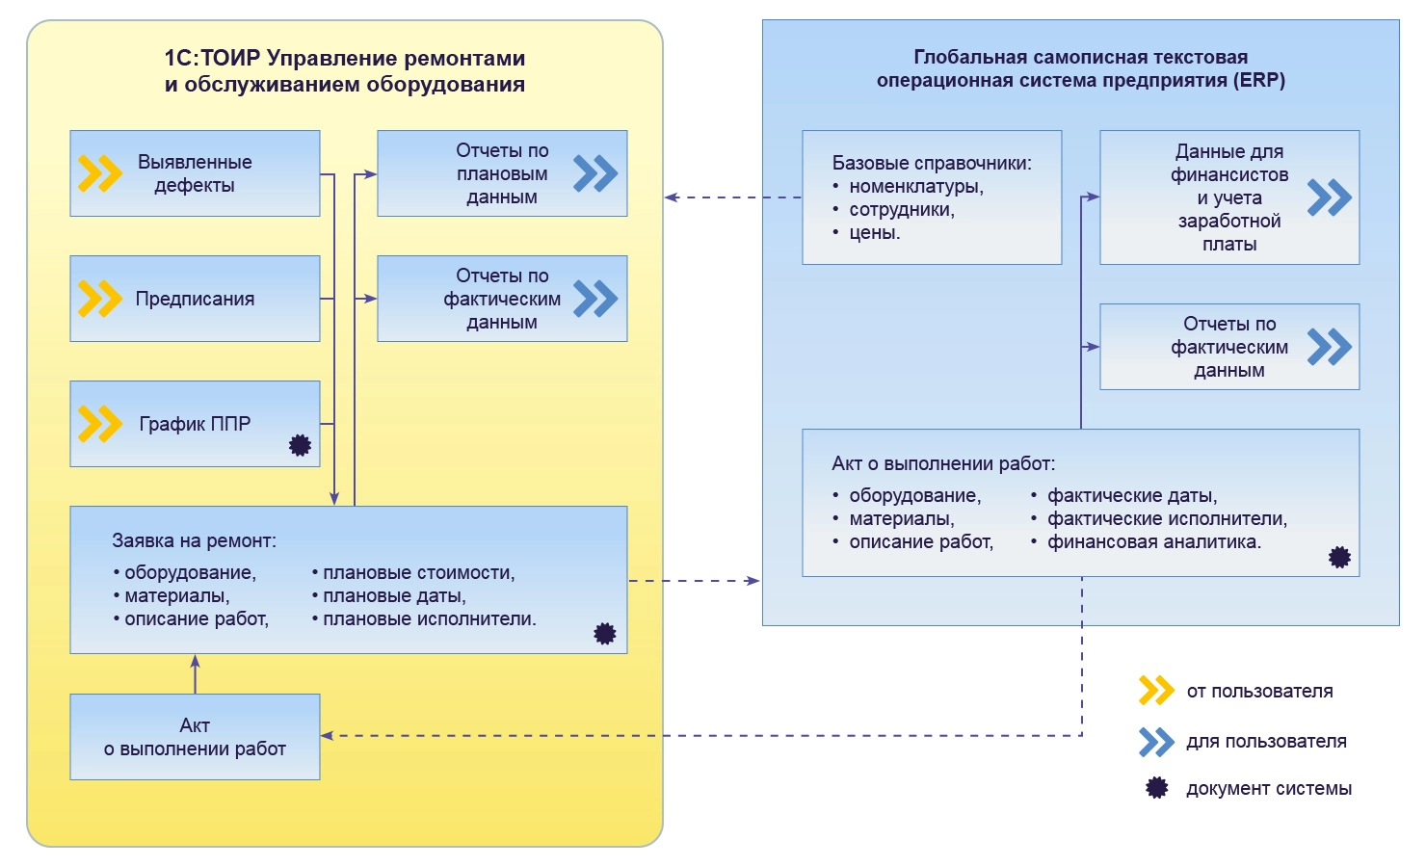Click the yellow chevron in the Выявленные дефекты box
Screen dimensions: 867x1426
click(x=100, y=173)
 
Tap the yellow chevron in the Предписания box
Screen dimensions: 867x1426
click(x=100, y=299)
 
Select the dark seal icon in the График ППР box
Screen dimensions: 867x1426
click(x=301, y=445)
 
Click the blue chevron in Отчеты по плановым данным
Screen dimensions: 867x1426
click(x=595, y=173)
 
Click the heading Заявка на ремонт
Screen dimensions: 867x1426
click(x=194, y=541)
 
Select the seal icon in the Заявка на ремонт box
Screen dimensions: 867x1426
click(x=605, y=633)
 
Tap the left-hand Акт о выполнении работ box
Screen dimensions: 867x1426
click(x=195, y=737)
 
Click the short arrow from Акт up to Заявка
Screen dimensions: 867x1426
click(x=195, y=673)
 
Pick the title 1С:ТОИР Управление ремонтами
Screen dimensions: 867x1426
click(x=345, y=59)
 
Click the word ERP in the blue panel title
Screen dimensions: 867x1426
click(x=1258, y=81)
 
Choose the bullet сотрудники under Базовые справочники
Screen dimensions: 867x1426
click(x=901, y=210)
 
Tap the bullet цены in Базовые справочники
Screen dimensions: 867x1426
click(x=874, y=233)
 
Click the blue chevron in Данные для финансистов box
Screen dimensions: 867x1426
click(x=1330, y=197)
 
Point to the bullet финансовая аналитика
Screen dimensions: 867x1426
click(x=1154, y=542)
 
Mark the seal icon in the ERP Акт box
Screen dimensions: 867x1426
click(x=1339, y=557)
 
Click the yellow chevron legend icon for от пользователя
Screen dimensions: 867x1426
click(x=1156, y=691)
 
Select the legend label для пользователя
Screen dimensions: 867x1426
click(x=1266, y=742)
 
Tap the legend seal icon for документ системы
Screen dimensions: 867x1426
click(x=1156, y=788)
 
